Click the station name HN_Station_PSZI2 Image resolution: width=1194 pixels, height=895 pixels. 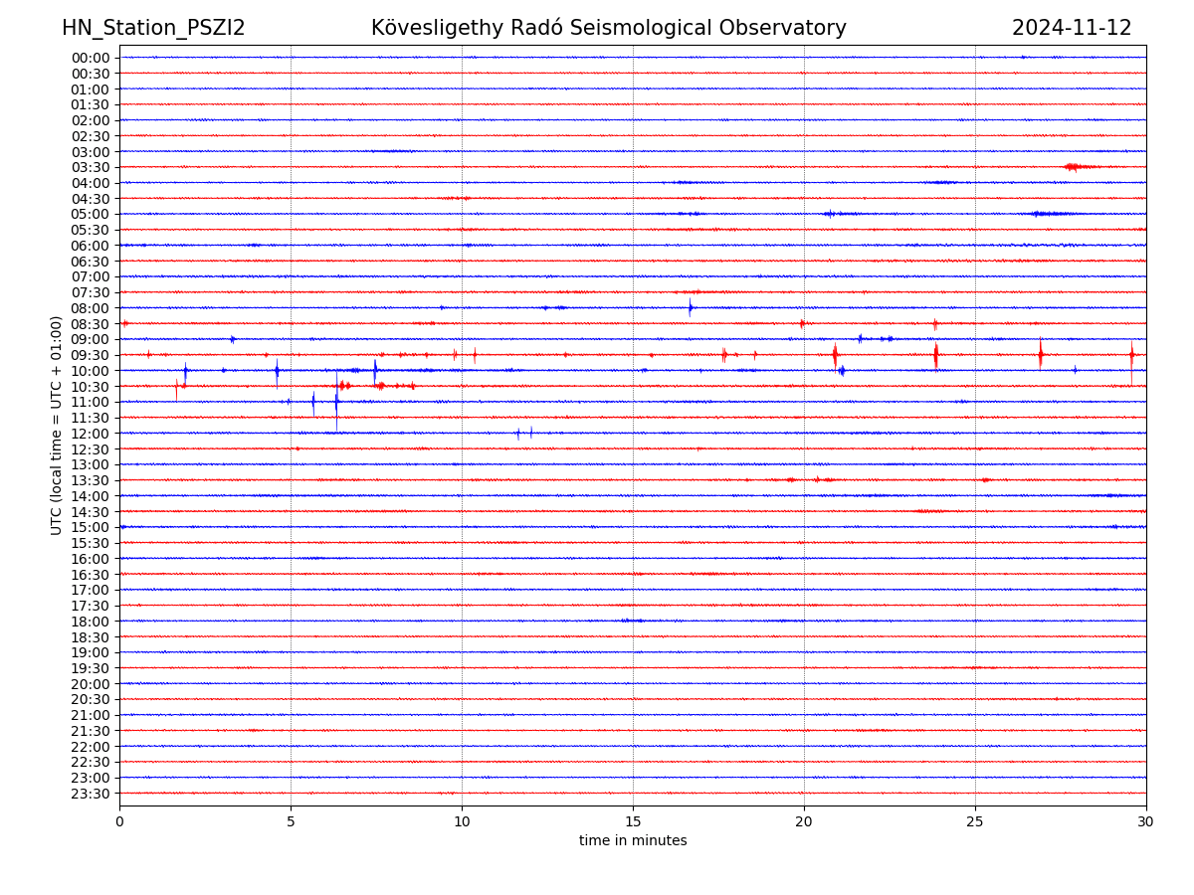point(153,28)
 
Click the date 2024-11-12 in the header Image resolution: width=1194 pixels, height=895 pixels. point(1072,28)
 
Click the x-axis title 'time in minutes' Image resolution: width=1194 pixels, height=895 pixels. point(633,841)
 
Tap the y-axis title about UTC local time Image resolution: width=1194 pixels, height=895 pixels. point(57,425)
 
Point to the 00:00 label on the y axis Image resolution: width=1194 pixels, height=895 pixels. point(91,58)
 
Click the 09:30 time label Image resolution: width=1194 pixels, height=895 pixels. point(91,355)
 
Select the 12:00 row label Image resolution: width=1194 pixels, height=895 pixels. point(91,434)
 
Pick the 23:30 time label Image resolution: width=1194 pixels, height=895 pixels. point(91,794)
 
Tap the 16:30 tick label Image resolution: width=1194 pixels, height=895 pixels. point(91,575)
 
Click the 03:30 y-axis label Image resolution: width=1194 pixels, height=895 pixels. point(91,167)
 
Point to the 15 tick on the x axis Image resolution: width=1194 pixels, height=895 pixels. point(633,821)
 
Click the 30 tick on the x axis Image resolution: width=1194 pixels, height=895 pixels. point(1146,821)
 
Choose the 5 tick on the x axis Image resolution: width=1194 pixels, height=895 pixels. point(291,821)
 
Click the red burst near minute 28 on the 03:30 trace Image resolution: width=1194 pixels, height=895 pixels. point(1073,167)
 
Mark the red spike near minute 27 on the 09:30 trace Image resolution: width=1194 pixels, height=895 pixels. point(1041,354)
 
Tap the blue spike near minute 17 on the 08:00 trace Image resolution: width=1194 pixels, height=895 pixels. point(690,307)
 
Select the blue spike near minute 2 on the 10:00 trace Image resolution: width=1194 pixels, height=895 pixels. point(185,371)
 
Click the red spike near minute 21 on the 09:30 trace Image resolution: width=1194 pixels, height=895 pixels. point(835,354)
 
